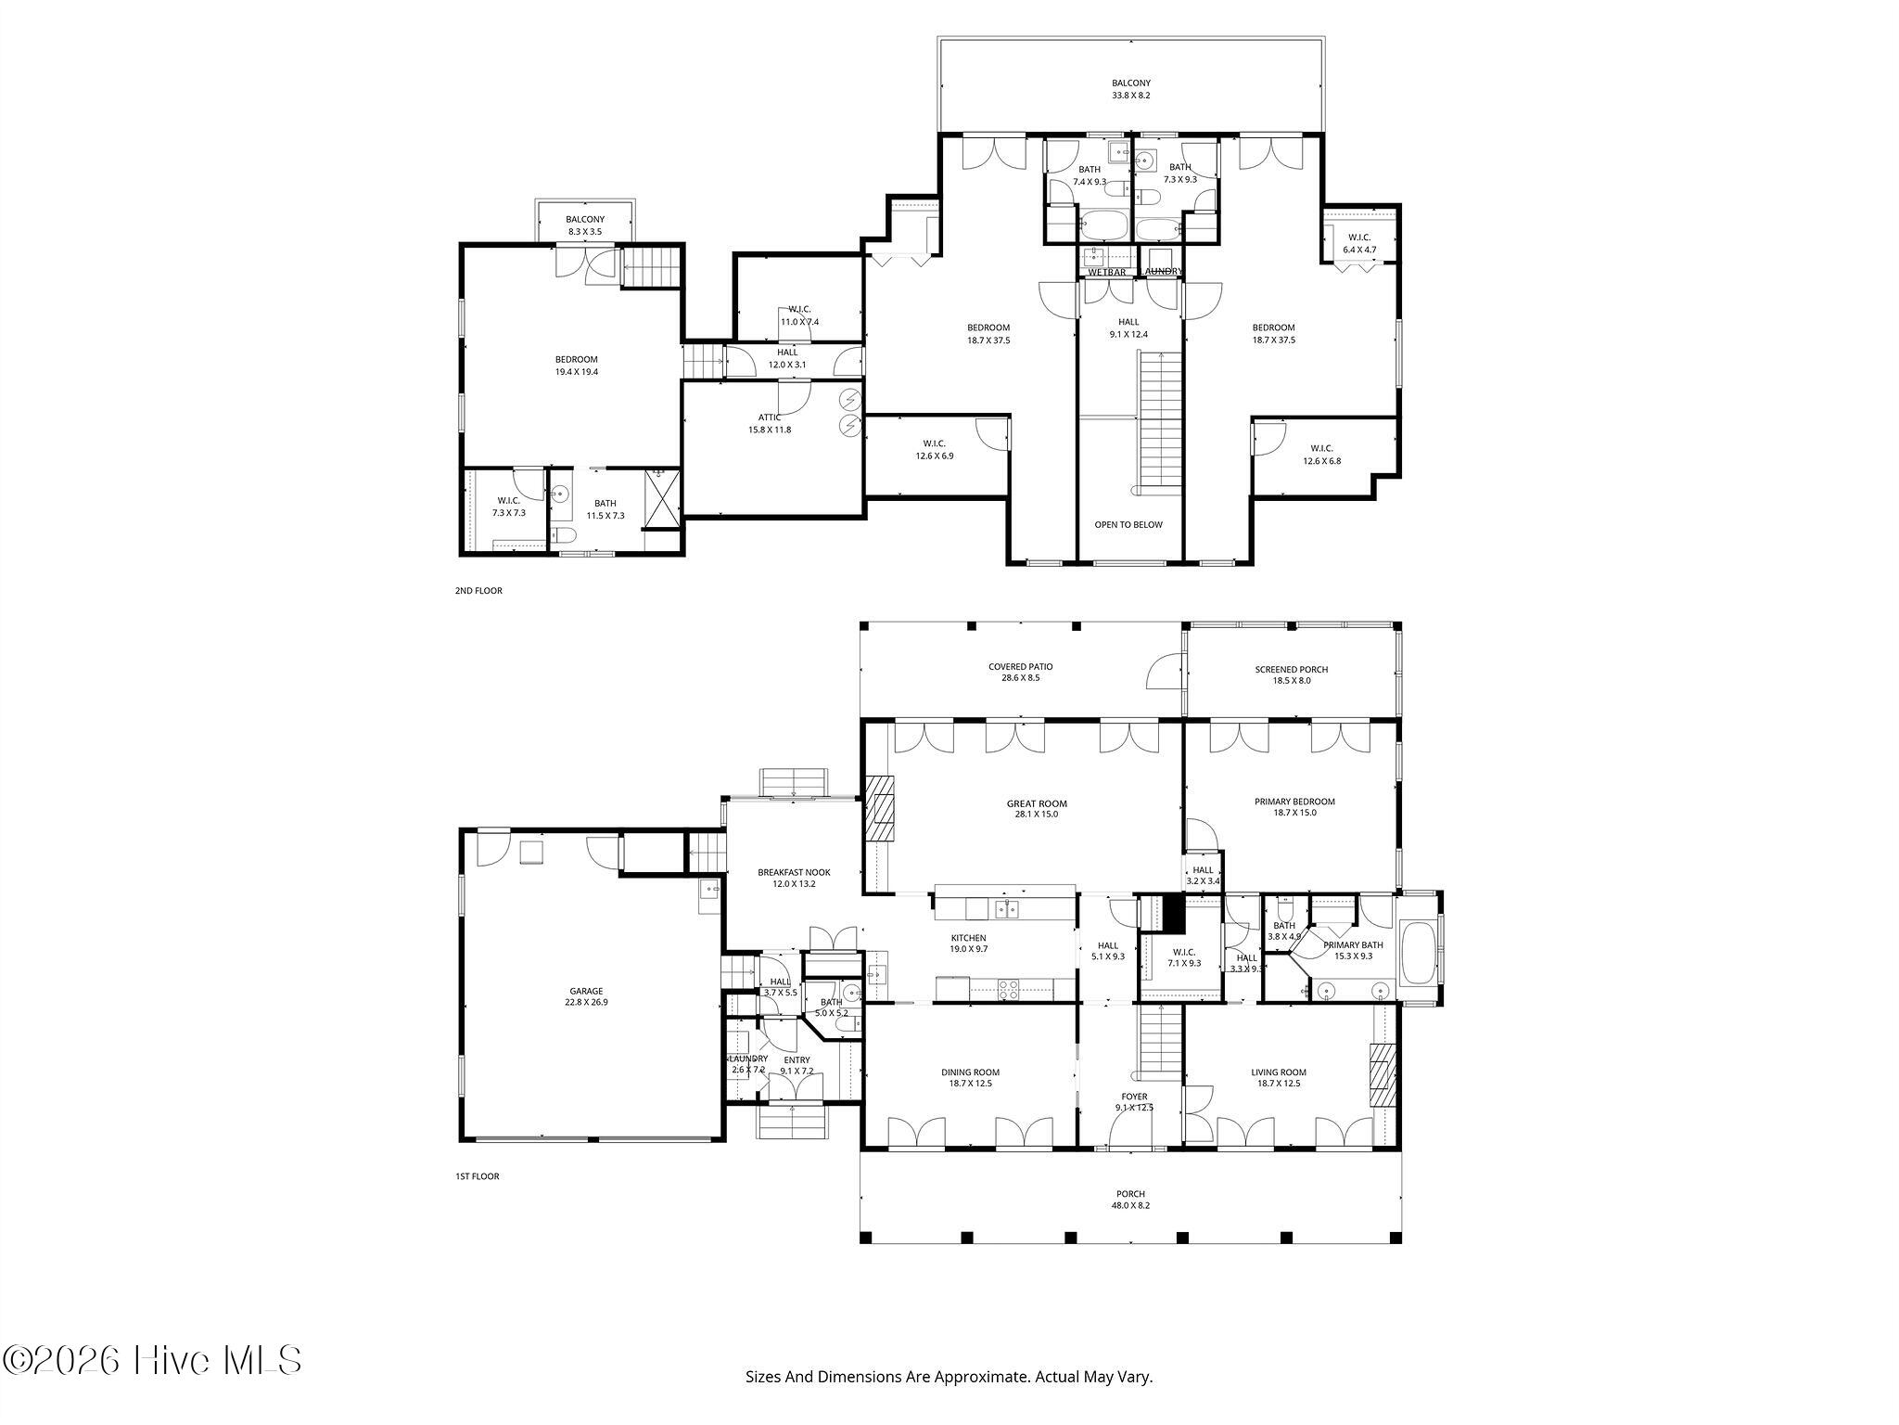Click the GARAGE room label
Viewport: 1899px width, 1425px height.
586,991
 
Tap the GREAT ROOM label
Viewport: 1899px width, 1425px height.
1037,803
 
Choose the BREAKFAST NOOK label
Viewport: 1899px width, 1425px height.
794,872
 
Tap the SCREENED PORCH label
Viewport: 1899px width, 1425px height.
1292,669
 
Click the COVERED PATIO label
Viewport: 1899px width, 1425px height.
1020,666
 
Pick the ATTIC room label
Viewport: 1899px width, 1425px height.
770,417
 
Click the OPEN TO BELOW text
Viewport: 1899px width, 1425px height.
1128,524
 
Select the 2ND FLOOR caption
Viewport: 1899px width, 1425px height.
478,590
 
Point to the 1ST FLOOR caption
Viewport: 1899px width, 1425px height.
477,1176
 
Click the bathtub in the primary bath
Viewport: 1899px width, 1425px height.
1416,953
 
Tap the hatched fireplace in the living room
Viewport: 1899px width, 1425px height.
1383,1076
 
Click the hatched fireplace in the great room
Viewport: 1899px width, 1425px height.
881,808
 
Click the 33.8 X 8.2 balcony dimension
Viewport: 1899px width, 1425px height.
1131,95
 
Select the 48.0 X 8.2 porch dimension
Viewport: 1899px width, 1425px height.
1130,1205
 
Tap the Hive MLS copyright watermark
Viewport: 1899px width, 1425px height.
153,1361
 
